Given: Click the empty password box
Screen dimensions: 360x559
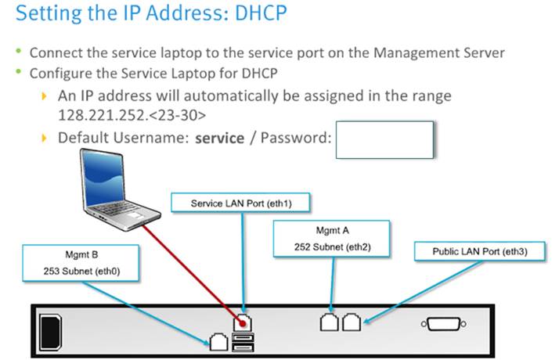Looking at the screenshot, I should pyautogui.click(x=384, y=140).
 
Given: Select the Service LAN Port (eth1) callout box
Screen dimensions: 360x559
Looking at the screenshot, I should pyautogui.click(x=240, y=203).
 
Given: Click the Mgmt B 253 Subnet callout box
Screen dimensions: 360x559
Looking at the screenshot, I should pyautogui.click(x=81, y=263).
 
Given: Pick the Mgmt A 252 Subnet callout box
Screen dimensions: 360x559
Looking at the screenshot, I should pyautogui.click(x=334, y=238).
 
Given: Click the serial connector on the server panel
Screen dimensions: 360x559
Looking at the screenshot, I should pyautogui.click(x=444, y=323).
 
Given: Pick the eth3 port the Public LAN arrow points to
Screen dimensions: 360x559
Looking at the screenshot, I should pyautogui.click(x=352, y=322).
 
